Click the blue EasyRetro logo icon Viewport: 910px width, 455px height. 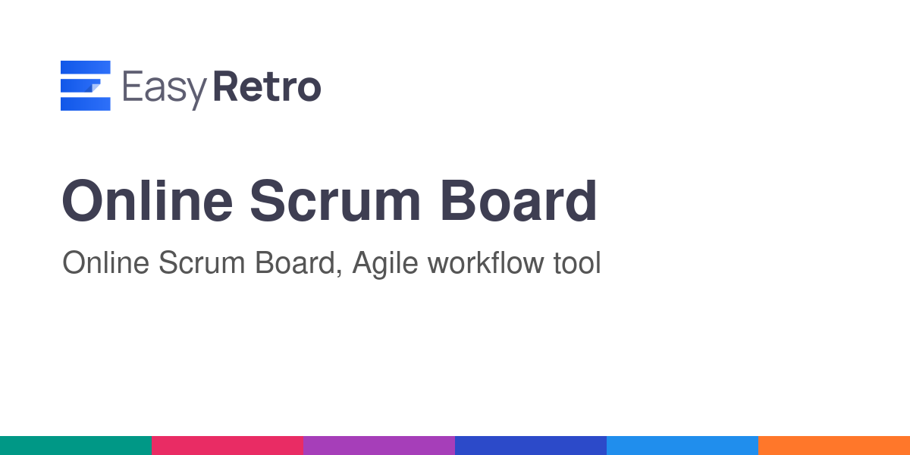point(85,85)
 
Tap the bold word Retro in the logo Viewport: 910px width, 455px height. point(267,86)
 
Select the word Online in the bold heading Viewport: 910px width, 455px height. point(147,200)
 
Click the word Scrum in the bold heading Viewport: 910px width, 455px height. point(335,200)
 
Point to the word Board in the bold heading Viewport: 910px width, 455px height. point(519,200)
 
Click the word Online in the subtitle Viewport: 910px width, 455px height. point(105,262)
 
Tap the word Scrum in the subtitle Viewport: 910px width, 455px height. point(202,262)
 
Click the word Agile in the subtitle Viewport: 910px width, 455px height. point(385,264)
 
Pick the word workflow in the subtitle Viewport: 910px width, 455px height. point(485,262)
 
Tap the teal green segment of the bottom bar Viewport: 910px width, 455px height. point(76,446)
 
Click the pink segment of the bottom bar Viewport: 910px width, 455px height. point(227,446)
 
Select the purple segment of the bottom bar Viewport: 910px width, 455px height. point(379,446)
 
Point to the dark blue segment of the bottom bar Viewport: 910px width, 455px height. point(531,446)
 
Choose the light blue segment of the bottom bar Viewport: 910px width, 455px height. point(682,446)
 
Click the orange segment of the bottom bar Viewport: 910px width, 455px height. point(834,446)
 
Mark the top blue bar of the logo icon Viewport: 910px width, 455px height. point(85,67)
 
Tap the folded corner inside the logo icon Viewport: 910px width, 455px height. point(93,87)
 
